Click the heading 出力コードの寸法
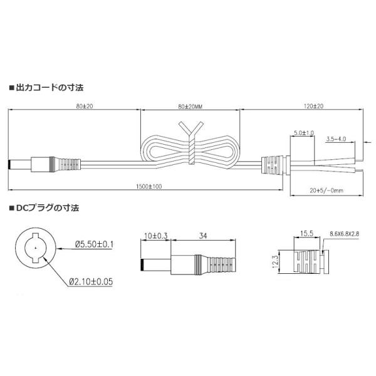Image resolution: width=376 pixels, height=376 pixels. point(50,88)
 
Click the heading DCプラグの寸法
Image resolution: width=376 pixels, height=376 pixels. point(48,207)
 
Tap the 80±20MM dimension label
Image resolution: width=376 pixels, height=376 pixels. point(190,107)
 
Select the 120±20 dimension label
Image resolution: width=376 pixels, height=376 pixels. point(313,106)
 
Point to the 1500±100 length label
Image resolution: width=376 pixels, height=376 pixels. point(149,186)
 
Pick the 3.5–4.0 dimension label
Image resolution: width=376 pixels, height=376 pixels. point(336,139)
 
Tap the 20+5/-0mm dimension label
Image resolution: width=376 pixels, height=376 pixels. point(326,191)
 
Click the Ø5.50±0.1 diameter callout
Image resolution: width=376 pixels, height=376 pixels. point(94,244)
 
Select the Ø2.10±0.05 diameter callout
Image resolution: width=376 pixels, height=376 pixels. point(91,281)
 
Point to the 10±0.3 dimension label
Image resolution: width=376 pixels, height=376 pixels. point(155,236)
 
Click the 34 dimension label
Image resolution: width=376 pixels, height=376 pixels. point(203,236)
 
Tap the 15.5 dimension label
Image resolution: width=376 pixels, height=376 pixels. point(306,233)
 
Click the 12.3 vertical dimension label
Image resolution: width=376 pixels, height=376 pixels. point(275,261)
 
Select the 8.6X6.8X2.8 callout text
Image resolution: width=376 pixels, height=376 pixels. point(344,234)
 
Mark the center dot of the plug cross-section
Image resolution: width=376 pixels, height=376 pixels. point(36,248)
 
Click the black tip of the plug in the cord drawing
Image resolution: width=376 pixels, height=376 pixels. point(9,164)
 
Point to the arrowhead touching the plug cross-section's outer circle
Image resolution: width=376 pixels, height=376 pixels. point(59,249)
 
